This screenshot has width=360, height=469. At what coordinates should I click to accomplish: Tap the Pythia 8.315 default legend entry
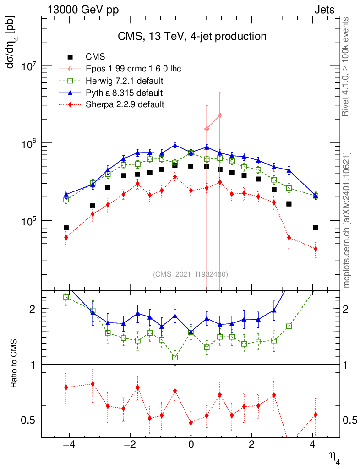pyautogui.click(x=124, y=93)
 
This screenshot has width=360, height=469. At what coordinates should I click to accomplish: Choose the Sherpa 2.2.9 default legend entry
pyautogui.click(x=125, y=104)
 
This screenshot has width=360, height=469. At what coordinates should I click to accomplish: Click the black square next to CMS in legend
pyautogui.click(x=70, y=57)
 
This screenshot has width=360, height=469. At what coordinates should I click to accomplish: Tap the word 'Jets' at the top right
pyautogui.click(x=324, y=10)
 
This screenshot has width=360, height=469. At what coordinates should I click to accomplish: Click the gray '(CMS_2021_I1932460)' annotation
pyautogui.click(x=191, y=274)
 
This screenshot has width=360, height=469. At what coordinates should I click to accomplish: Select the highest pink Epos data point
pyautogui.click(x=220, y=115)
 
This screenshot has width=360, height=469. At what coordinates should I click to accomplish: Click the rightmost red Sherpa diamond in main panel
pyautogui.click(x=315, y=249)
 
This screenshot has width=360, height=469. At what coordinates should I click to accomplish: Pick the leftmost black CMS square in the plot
pyautogui.click(x=66, y=228)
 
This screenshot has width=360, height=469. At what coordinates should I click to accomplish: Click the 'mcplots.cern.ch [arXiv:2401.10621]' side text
pyautogui.click(x=347, y=220)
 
